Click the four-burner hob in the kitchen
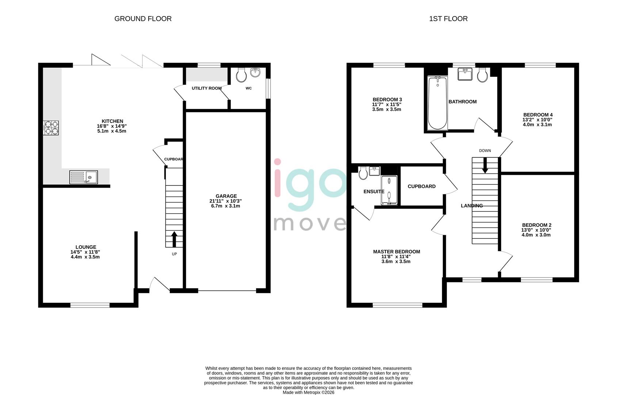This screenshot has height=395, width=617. (51, 128)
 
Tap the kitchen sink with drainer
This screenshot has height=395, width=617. (84, 177)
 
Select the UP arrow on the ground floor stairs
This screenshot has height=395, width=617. (174, 239)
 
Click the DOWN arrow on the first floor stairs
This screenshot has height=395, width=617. (485, 166)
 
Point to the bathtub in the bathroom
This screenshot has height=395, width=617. (437, 104)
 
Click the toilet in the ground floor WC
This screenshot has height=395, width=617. (241, 75)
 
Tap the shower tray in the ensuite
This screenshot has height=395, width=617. (389, 190)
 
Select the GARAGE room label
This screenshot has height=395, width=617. (226, 196)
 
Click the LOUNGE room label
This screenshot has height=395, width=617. (86, 247)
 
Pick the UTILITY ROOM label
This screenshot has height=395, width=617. (207, 88)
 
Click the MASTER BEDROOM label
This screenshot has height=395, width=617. (396, 252)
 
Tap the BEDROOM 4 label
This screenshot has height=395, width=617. (538, 114)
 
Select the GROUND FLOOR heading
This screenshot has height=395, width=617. (143, 19)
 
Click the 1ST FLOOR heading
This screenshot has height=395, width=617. (448, 19)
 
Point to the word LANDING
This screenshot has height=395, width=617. (472, 206)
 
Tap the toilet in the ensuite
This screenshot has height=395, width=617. (363, 173)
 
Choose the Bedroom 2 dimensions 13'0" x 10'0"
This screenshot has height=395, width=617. (536, 230)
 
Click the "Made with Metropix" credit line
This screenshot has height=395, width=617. (308, 392)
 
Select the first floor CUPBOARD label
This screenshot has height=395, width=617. (422, 186)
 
